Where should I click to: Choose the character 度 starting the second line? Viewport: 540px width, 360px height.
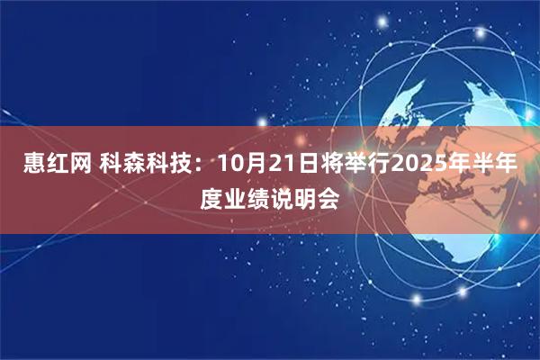(x=212, y=198)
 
